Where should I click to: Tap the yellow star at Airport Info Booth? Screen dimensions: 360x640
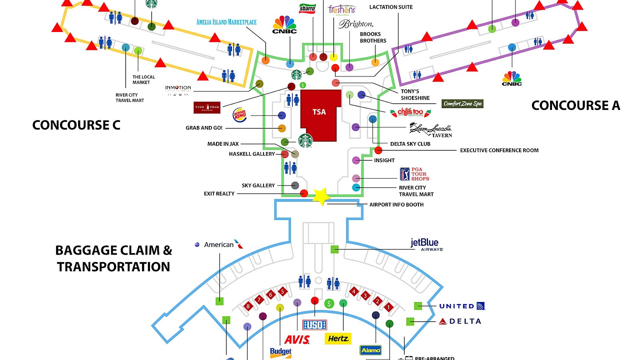tap(321, 196)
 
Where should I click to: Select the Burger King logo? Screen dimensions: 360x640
tap(240, 115)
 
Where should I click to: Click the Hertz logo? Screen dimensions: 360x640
tap(338, 339)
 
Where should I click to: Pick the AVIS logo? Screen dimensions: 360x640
tap(297, 340)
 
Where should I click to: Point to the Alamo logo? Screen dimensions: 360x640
tap(371, 350)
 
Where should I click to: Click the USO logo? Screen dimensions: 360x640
tap(315, 325)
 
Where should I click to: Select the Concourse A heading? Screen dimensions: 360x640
tap(575, 106)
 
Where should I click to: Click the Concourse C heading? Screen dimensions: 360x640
tap(76, 125)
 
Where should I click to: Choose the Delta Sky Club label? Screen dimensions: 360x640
tap(410, 144)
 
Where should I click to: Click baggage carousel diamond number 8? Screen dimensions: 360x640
tap(248, 306)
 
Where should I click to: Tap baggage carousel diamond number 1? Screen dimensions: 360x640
tap(388, 307)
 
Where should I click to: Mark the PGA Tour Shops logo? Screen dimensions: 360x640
tap(414, 174)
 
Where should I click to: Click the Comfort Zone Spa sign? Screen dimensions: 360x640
tap(462, 104)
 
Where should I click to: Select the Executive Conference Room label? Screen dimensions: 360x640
tap(499, 150)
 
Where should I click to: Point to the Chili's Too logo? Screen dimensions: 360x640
tap(410, 112)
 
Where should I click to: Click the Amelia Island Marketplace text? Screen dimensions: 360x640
tap(226, 22)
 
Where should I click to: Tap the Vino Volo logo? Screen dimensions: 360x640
tap(207, 107)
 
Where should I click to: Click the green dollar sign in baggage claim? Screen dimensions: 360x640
tap(329, 304)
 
